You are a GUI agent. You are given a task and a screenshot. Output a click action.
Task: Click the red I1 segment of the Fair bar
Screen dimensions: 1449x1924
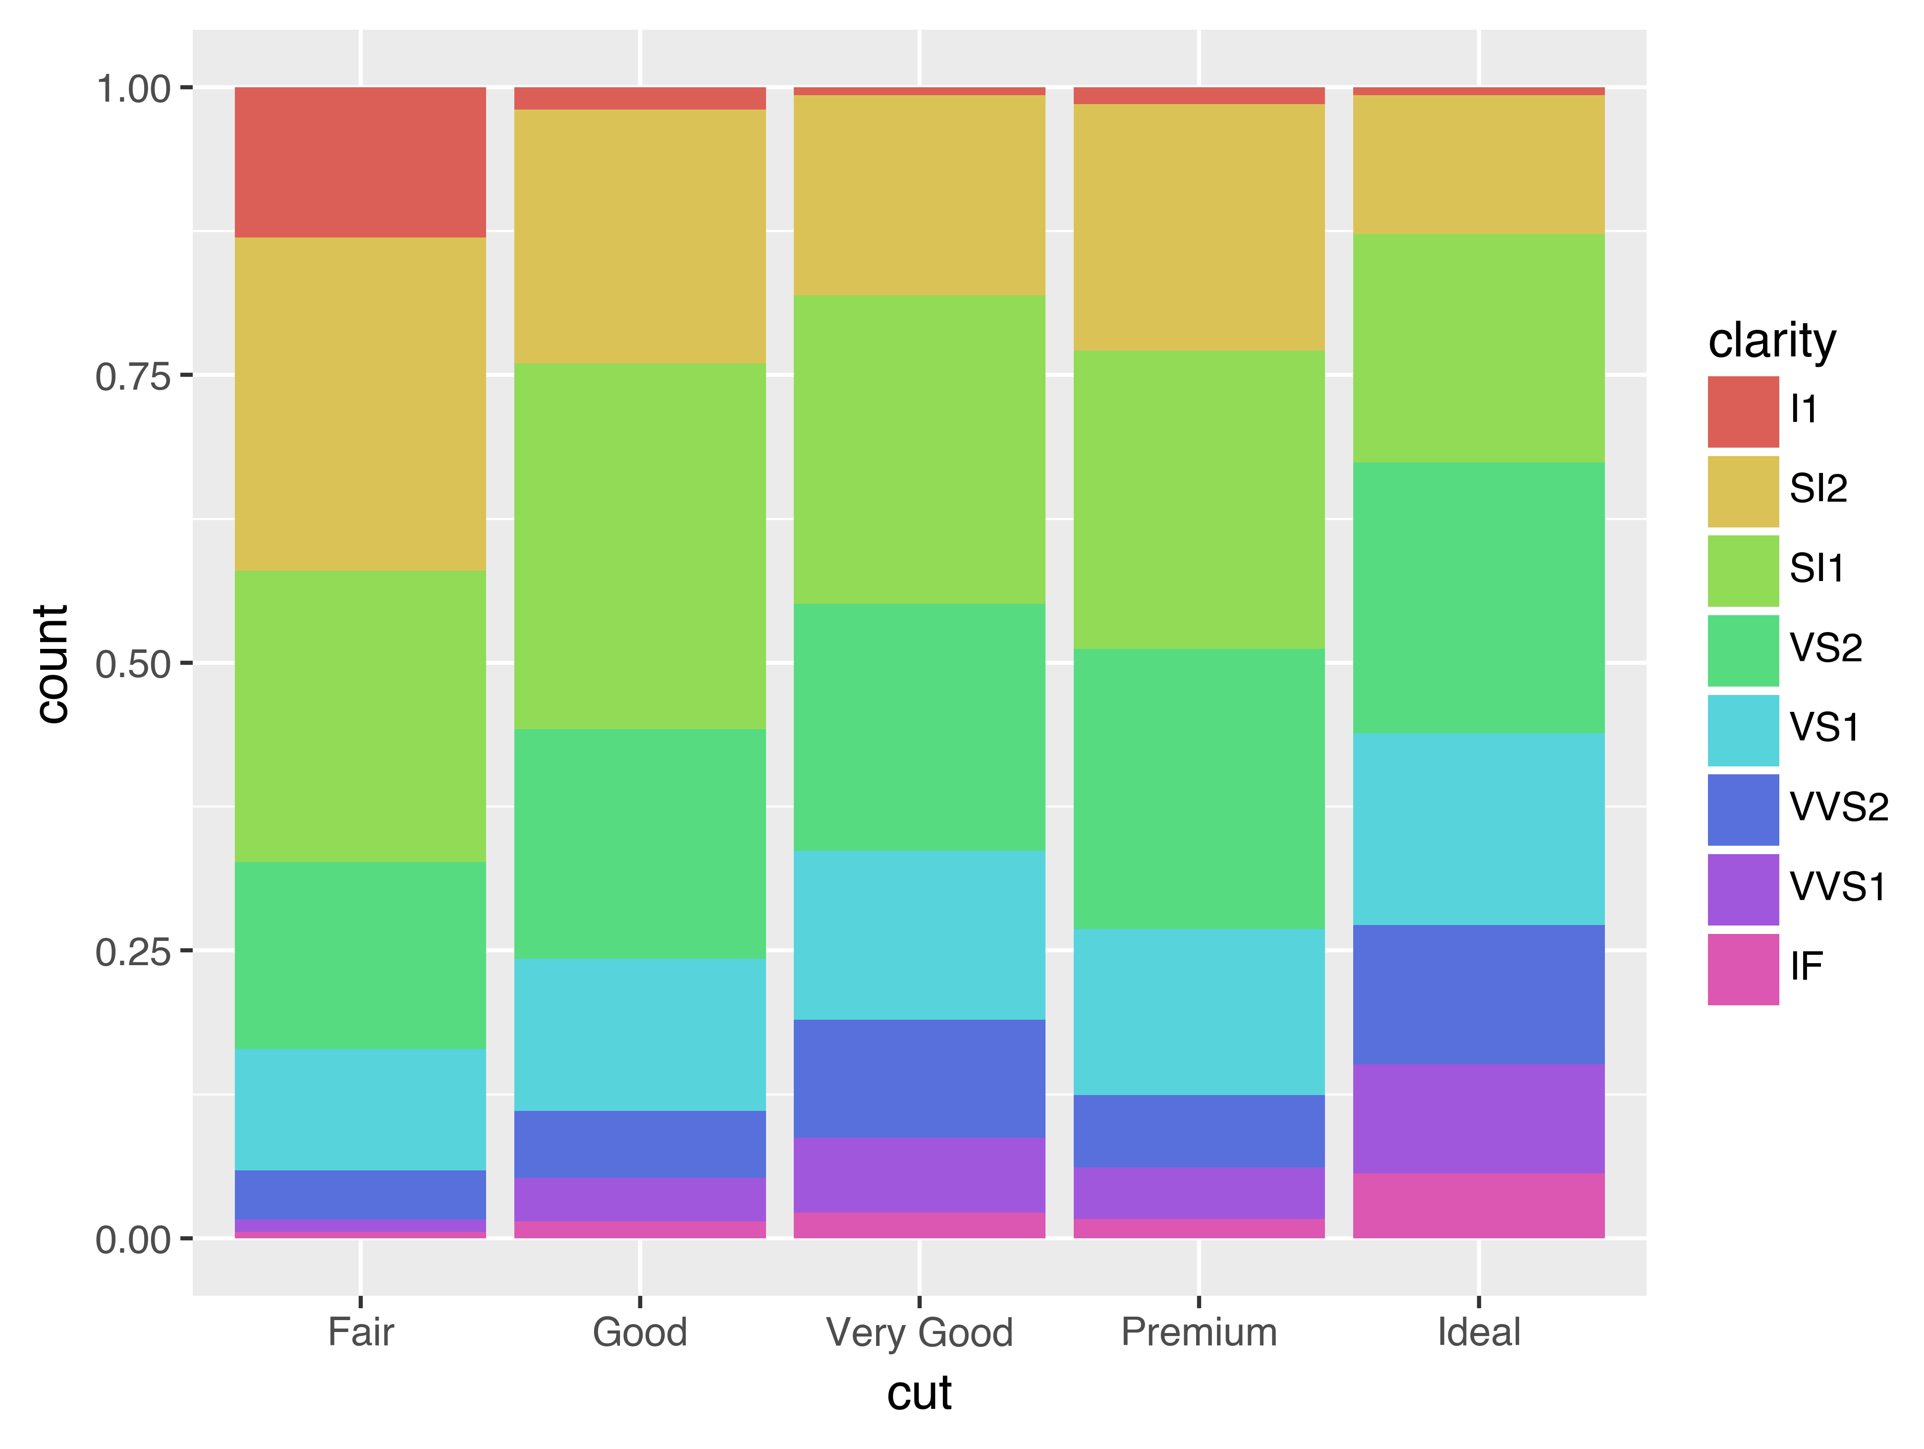coord(360,162)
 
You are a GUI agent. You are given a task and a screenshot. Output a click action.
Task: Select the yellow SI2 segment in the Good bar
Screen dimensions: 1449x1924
coord(640,236)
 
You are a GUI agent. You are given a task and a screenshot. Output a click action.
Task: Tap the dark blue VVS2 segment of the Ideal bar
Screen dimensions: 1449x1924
coord(1479,995)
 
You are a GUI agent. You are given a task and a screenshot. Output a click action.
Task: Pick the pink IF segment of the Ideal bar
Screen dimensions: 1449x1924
coord(1479,1205)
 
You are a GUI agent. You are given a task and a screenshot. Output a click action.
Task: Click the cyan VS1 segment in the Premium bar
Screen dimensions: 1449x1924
coord(1199,1011)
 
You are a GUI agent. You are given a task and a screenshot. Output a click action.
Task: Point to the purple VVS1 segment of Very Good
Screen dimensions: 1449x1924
coord(919,1175)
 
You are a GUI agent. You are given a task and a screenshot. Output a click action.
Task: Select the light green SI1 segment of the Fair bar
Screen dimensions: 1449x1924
coord(360,716)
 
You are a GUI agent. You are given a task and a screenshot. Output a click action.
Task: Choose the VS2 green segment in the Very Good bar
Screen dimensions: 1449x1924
coord(919,727)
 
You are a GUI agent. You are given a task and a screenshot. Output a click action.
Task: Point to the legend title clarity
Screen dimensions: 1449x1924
coord(1772,340)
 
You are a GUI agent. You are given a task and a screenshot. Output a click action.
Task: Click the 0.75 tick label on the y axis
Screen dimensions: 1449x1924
coord(132,377)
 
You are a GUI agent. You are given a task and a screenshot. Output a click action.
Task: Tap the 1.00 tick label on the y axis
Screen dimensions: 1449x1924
coord(132,89)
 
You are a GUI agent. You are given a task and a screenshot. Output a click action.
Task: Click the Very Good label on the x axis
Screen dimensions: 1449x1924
coord(919,1333)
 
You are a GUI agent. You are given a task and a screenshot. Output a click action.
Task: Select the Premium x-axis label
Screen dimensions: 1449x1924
coord(1199,1333)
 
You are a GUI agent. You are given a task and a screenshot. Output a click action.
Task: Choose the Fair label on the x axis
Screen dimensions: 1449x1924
coord(360,1333)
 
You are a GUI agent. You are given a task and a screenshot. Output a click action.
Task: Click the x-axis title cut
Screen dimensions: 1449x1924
coord(919,1393)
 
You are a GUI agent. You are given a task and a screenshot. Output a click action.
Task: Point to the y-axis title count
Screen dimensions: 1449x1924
coord(52,663)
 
